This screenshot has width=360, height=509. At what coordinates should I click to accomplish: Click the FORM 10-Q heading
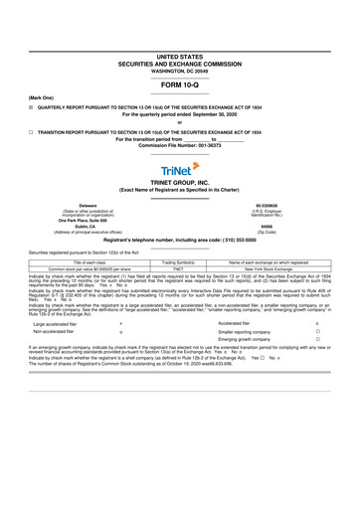[180, 85]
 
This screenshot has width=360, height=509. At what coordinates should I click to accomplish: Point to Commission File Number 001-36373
[180, 146]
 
